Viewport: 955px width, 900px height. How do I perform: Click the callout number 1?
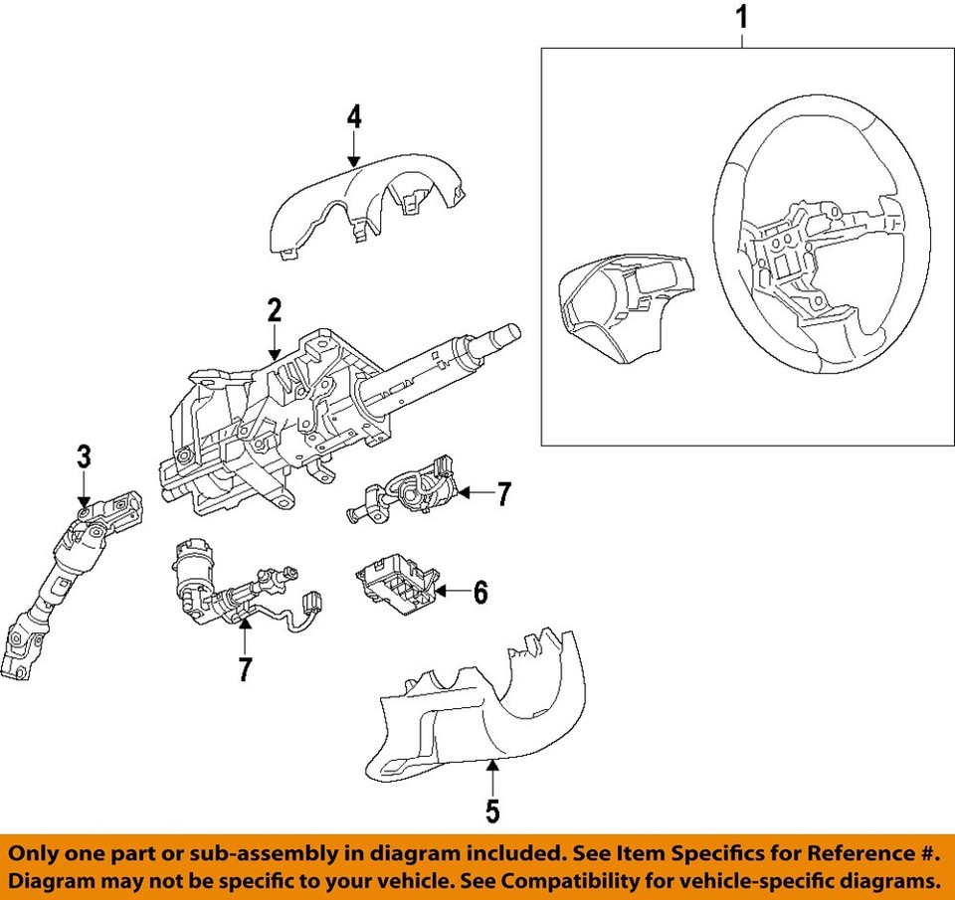741,18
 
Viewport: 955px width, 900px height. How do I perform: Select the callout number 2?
275,310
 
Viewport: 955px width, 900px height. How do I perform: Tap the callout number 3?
85,457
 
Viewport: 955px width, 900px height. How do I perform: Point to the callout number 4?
354,116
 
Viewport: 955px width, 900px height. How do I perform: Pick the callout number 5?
492,810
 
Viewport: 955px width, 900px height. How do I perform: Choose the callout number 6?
480,594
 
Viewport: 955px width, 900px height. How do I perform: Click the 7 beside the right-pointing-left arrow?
503,493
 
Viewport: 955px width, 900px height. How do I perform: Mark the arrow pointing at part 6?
453,594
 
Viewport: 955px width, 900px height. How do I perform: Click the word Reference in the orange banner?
842,854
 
